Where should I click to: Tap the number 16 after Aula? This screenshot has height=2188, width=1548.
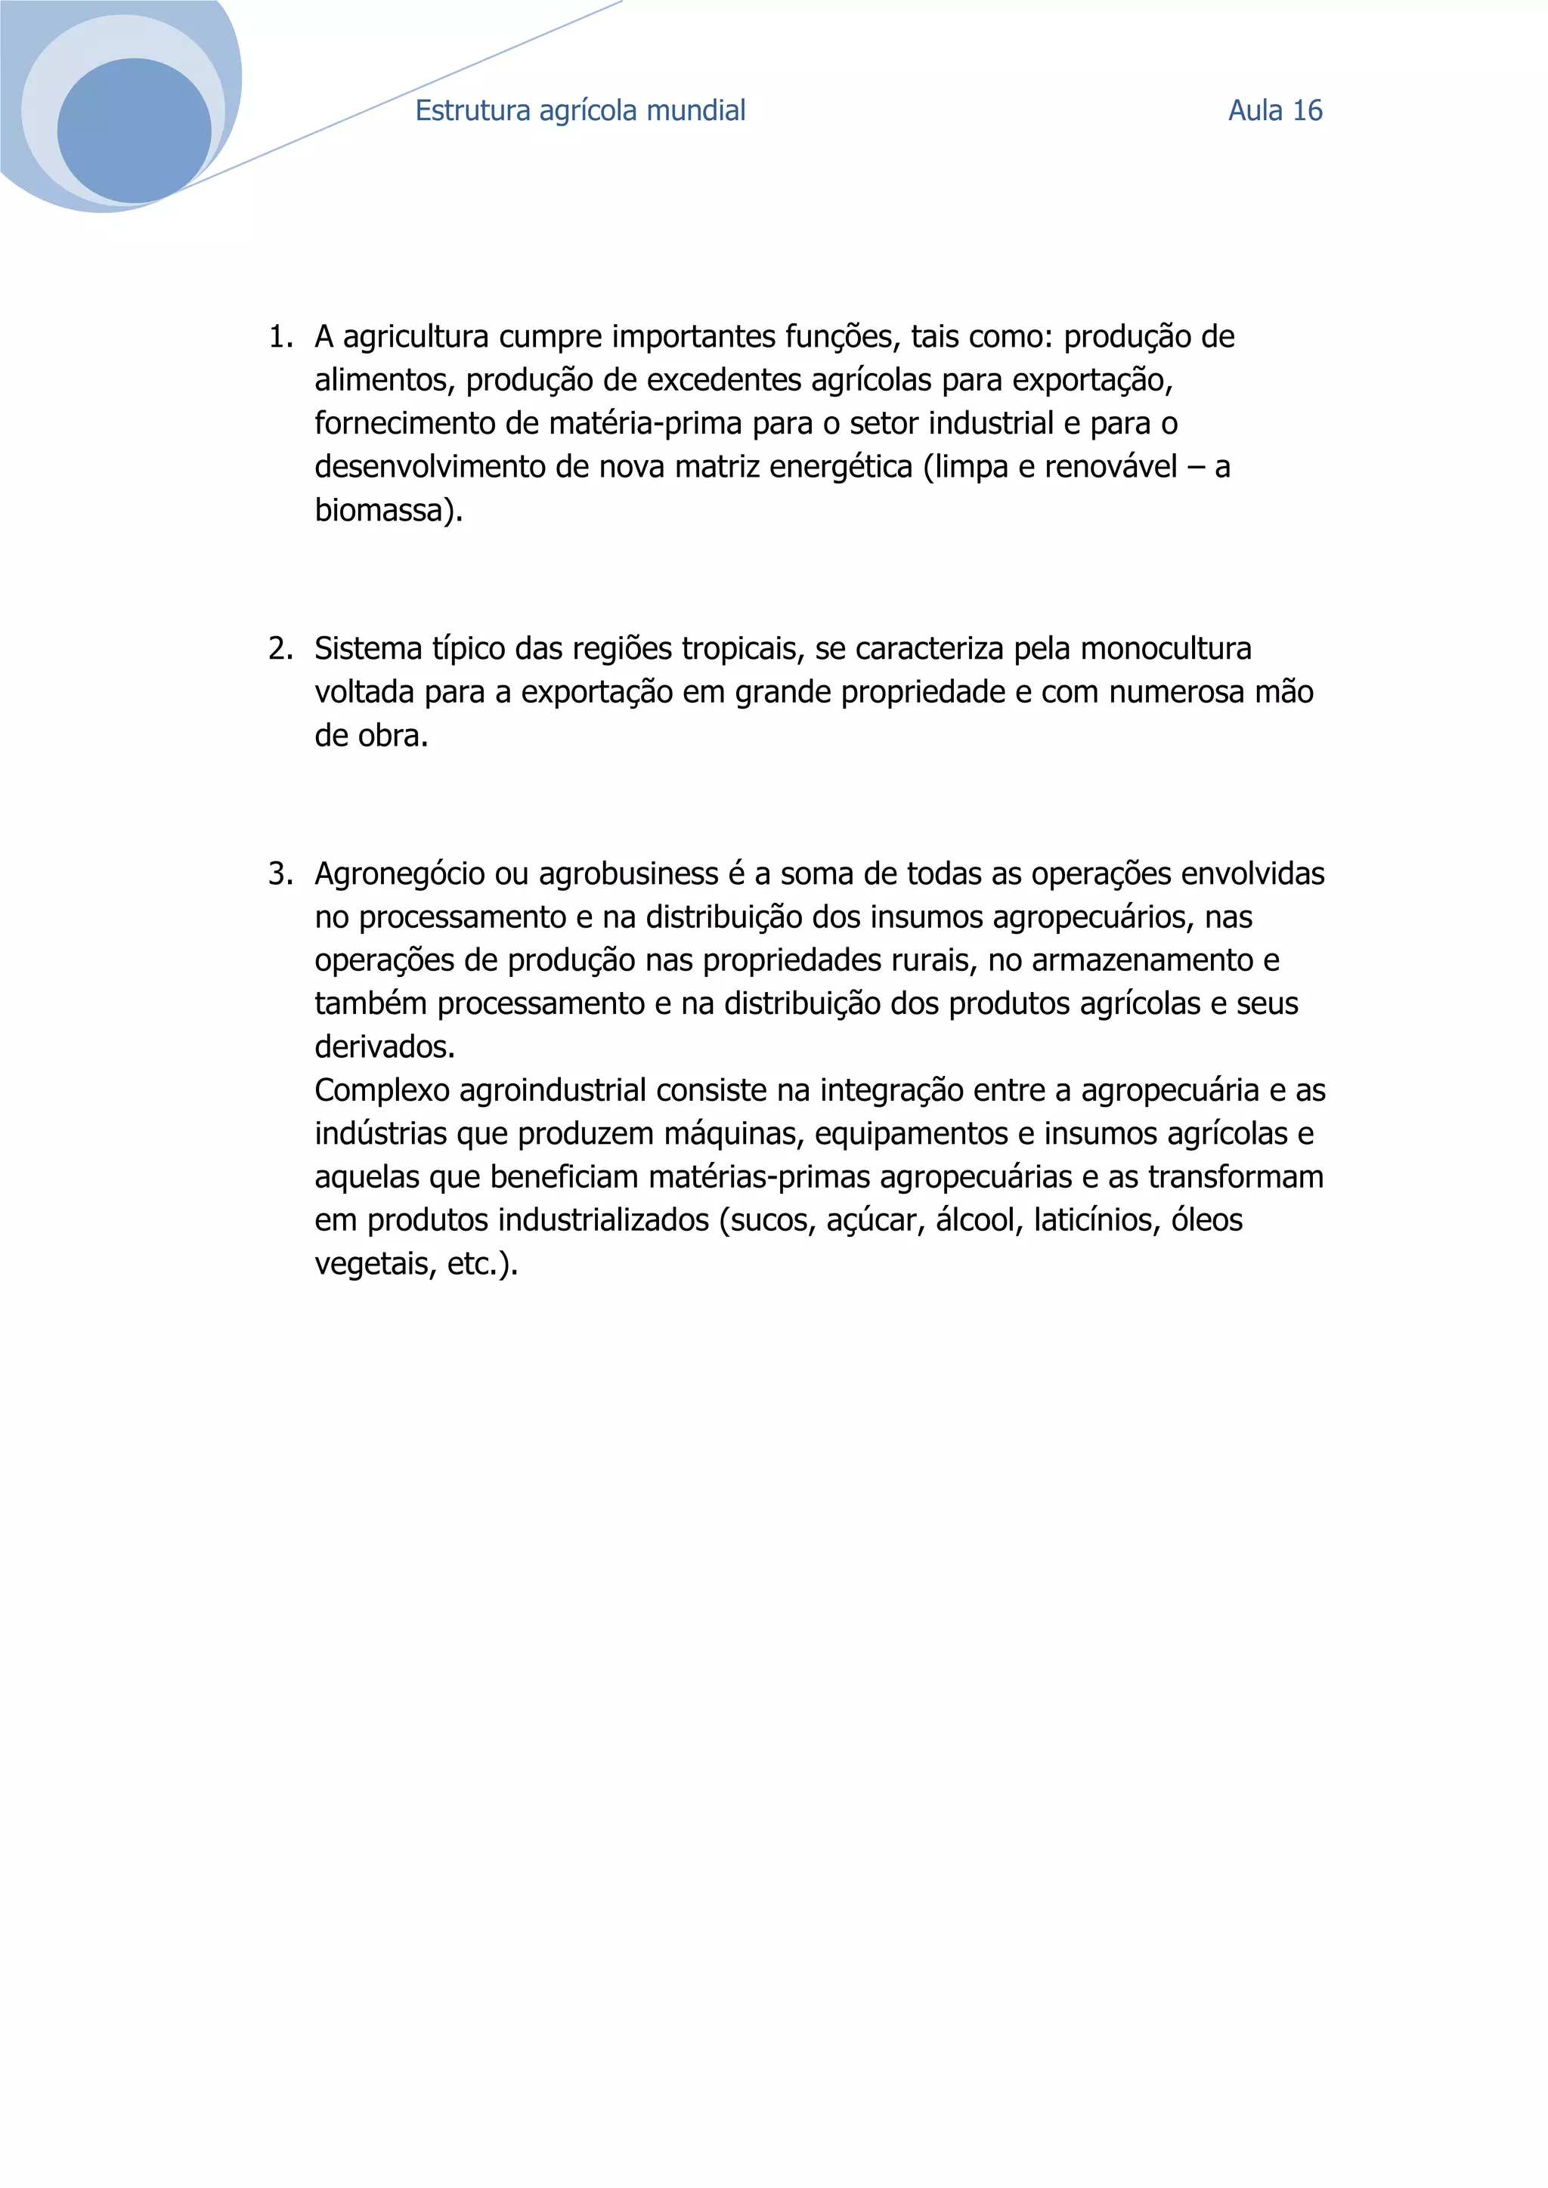click(1307, 110)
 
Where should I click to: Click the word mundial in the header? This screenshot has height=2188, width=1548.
click(696, 110)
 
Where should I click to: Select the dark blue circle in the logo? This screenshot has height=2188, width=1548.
click(135, 131)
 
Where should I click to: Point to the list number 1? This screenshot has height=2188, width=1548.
click(279, 336)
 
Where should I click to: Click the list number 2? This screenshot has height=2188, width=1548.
click(279, 648)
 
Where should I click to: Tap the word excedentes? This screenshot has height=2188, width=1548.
click(724, 380)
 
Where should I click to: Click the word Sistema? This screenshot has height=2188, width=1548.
click(368, 648)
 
